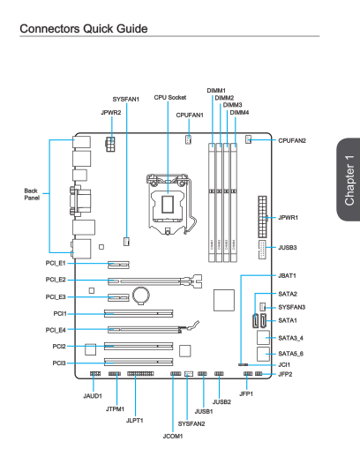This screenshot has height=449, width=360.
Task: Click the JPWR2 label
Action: pyautogui.click(x=111, y=112)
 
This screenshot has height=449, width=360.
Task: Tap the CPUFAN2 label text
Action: pyautogui.click(x=292, y=140)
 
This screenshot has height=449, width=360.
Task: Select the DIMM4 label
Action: pyautogui.click(x=239, y=112)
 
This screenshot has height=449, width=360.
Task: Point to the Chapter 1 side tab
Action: pyautogui.click(x=349, y=179)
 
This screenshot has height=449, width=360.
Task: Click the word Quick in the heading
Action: pyautogui.click(x=98, y=29)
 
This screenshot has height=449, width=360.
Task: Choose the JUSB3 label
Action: pyautogui.click(x=288, y=247)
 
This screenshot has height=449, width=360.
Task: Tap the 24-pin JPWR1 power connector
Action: pyautogui.click(x=263, y=217)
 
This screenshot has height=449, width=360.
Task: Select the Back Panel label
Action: pyautogui.click(x=32, y=194)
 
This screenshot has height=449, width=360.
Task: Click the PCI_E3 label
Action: pyautogui.click(x=56, y=297)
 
